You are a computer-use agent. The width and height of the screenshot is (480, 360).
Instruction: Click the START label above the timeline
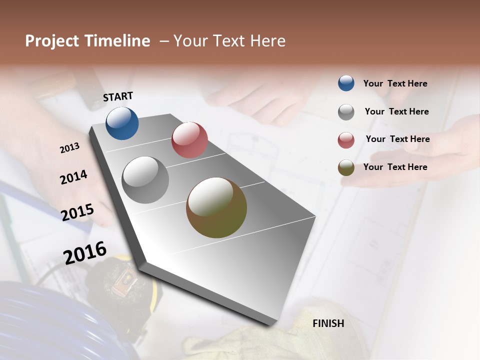tap(118, 96)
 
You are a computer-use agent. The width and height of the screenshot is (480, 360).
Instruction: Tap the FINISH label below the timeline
tap(328, 323)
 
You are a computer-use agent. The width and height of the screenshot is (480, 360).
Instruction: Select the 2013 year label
tap(70, 148)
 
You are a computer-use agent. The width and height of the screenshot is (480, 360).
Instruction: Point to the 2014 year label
tap(73, 177)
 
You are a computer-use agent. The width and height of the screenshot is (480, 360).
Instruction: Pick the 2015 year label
tap(77, 212)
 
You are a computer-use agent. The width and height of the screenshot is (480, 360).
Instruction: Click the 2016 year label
tap(85, 252)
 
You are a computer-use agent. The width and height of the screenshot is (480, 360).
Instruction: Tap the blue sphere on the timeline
tap(122, 123)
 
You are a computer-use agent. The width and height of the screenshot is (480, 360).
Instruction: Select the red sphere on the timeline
tap(189, 140)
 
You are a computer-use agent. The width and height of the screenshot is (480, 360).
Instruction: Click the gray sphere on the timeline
tap(145, 180)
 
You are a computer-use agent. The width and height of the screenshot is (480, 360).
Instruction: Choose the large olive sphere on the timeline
tap(216, 207)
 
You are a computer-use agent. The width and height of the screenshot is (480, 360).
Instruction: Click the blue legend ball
tap(346, 83)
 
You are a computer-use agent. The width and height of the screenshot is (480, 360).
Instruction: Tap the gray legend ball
tap(346, 112)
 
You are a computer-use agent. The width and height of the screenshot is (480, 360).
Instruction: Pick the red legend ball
tap(346, 140)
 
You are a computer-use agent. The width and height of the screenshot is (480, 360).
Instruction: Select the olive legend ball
tap(346, 168)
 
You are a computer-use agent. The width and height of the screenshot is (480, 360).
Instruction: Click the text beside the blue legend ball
tap(395, 84)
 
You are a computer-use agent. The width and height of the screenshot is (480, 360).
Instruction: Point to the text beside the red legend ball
tap(397, 139)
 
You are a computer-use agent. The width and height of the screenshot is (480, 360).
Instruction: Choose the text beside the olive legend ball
tap(395, 167)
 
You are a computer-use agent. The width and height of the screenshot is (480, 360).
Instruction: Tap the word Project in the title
tap(52, 41)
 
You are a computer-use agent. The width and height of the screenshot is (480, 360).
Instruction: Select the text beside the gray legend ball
tap(396, 111)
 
